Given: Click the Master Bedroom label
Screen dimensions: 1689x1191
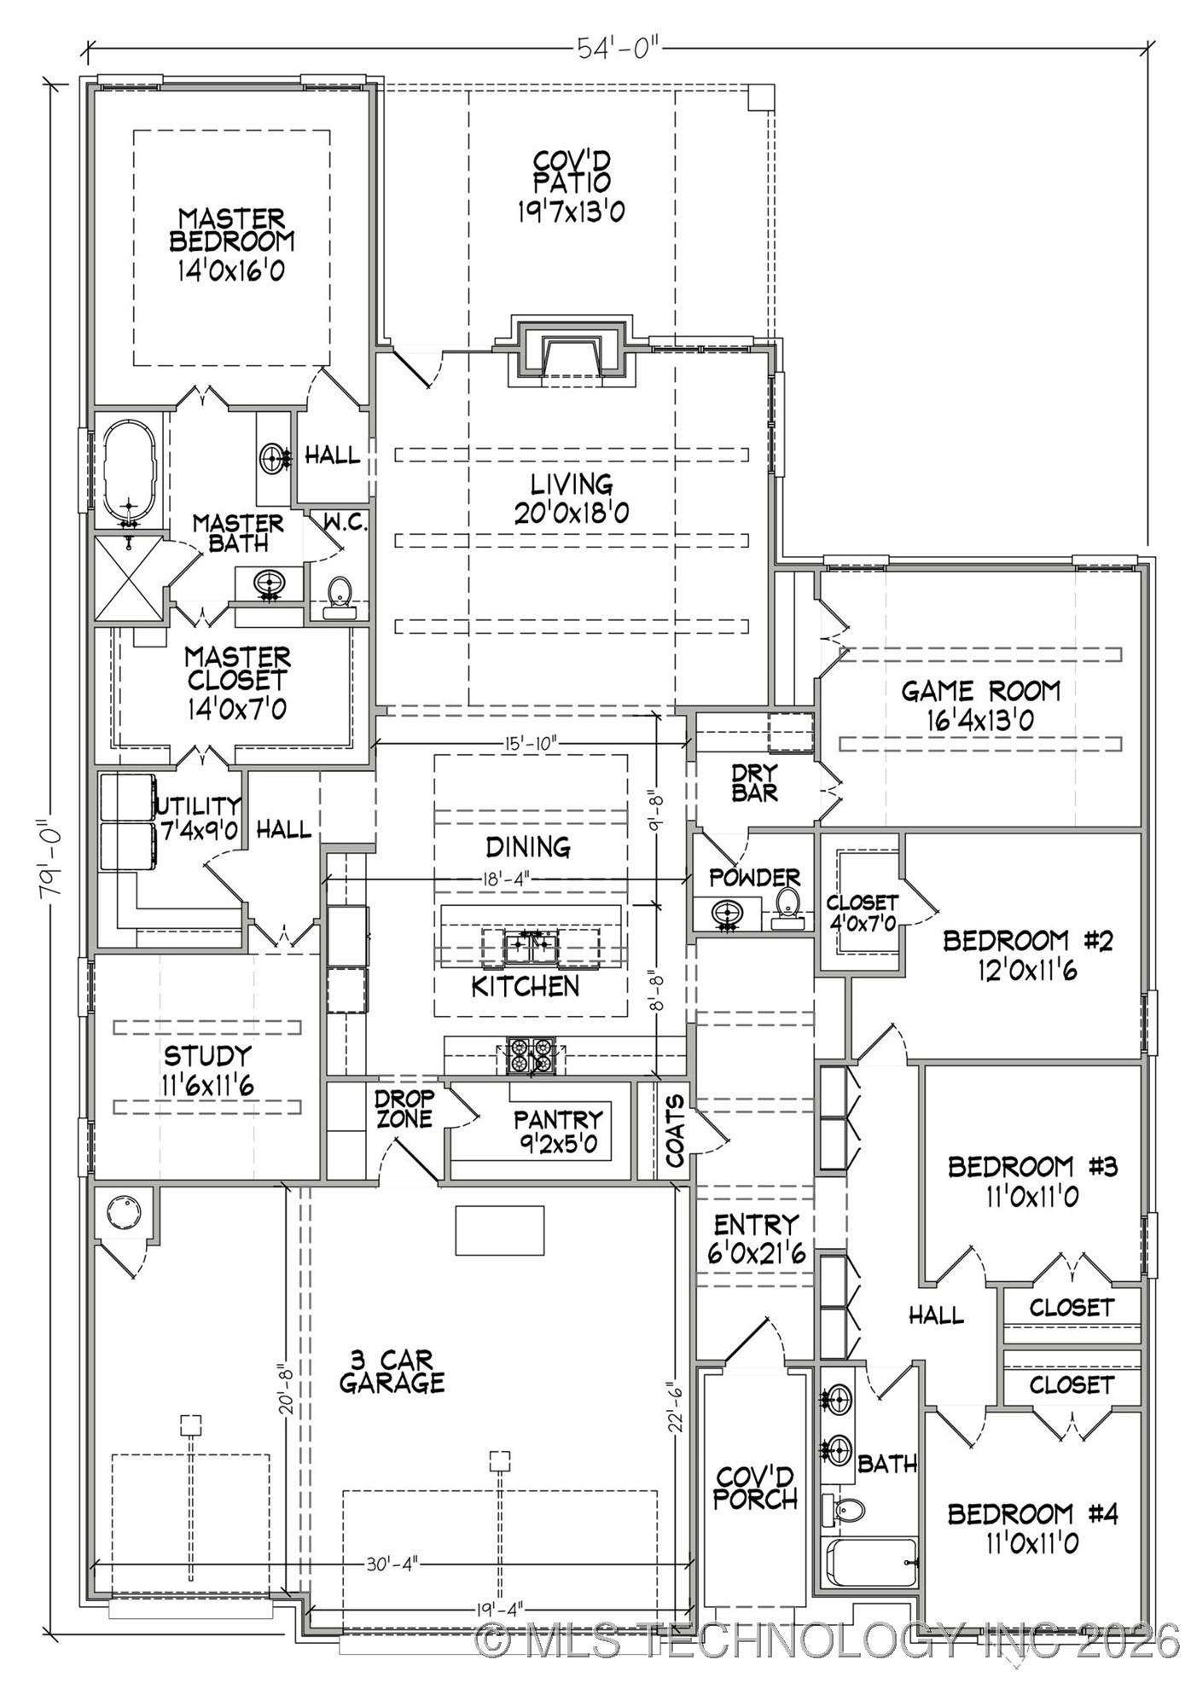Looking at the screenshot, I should [232, 243].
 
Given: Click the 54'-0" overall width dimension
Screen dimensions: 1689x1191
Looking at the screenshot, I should [619, 49].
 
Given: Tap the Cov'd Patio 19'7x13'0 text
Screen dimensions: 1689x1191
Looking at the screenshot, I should [572, 186].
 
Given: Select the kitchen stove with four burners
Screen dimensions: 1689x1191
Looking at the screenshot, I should [531, 1056].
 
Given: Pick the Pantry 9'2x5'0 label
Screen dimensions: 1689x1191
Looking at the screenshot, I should [558, 1131].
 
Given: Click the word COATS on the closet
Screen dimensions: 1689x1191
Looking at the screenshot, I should [675, 1131].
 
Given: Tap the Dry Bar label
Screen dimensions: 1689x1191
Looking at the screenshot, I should [754, 782].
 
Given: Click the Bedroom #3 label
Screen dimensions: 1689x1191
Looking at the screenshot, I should [1032, 1180].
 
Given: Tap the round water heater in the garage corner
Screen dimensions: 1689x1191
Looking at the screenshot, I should [124, 1211].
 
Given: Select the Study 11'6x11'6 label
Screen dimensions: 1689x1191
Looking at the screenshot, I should [207, 1070].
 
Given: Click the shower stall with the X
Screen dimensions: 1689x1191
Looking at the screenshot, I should [128, 578].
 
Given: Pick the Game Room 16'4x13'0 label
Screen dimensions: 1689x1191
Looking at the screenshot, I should [981, 705].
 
